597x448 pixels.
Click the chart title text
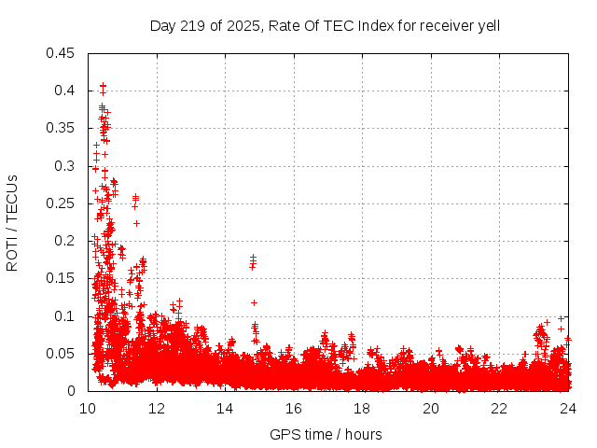point(325,25)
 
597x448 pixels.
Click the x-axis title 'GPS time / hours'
point(326,434)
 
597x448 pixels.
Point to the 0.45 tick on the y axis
point(63,53)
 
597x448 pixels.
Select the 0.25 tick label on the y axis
point(63,203)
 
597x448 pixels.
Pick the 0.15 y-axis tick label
point(63,279)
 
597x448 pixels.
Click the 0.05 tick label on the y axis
point(63,354)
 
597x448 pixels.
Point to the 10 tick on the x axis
point(88,408)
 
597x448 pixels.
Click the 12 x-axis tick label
point(157,408)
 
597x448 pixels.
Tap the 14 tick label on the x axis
point(225,408)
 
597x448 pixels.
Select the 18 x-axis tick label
point(362,408)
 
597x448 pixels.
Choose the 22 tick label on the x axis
point(499,408)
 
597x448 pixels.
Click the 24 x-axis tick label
point(567,408)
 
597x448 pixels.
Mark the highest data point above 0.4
point(103,86)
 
